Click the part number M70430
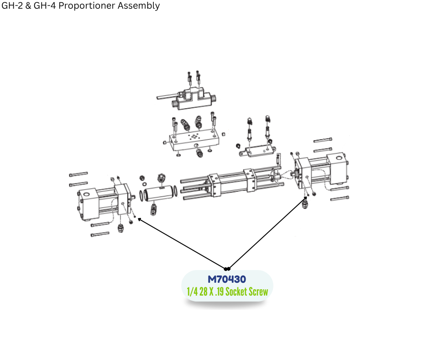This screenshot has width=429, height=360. [x=227, y=279]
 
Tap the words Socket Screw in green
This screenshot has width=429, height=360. [x=246, y=292]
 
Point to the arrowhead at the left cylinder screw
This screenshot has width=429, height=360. [x=139, y=219]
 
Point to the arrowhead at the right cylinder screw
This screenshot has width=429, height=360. [x=305, y=198]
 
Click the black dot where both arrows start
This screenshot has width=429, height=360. [x=227, y=269]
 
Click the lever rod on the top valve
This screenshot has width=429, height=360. [x=167, y=96]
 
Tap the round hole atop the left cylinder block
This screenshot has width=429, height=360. [x=86, y=194]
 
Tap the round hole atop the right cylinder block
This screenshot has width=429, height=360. [x=339, y=158]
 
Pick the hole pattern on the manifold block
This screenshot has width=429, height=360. [x=194, y=137]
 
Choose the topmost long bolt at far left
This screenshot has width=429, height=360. [x=78, y=174]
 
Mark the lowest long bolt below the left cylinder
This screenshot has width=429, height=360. [x=100, y=234]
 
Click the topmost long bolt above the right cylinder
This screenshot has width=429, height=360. [x=323, y=140]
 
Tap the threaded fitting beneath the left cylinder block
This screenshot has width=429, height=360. [x=120, y=228]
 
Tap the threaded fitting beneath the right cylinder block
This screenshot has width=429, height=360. [x=305, y=204]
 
